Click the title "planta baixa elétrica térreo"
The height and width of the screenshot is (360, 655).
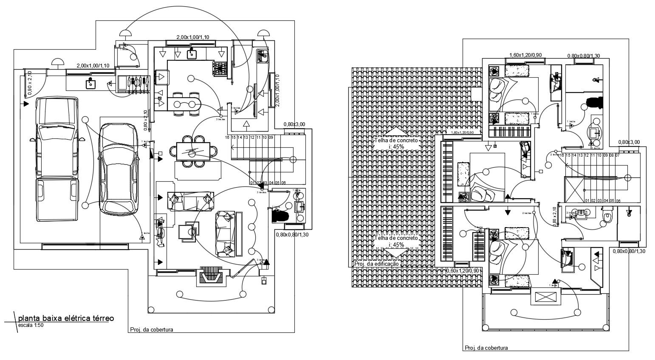click(66, 318)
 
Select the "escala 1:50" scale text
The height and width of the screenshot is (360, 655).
click(31, 325)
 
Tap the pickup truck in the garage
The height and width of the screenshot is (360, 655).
click(57, 159)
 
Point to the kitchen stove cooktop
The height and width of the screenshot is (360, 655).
click(220, 67)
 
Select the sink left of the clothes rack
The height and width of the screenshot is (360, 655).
click(90, 83)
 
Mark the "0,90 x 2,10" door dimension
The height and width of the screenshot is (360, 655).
click(30, 83)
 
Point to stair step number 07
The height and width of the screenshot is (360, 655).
click(617, 155)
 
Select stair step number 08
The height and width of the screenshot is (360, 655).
click(611, 155)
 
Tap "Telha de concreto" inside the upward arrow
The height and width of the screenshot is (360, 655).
click(396, 140)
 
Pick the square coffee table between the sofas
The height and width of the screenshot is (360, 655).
click(187, 232)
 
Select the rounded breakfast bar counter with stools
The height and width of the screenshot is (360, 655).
click(185, 103)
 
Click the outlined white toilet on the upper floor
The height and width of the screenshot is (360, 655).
click(607, 217)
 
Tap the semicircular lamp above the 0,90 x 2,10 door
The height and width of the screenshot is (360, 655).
click(57, 63)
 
